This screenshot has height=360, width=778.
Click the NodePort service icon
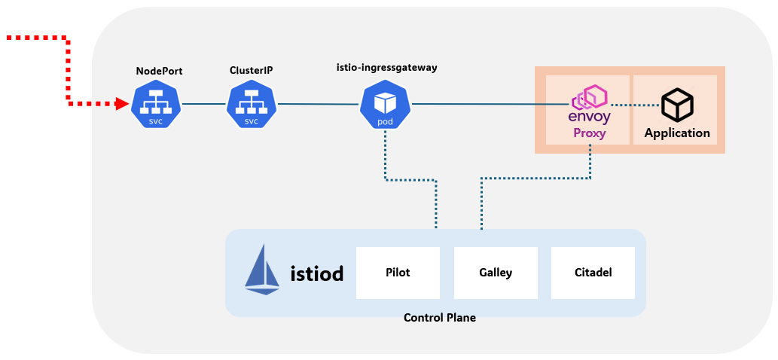[x=156, y=105]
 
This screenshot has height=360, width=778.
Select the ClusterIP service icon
[x=251, y=105]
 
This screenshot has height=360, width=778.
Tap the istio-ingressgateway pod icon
[x=385, y=105]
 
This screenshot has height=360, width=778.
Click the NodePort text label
[x=159, y=71]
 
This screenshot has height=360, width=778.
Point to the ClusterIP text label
[x=251, y=70]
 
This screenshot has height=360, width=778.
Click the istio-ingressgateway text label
[x=386, y=67]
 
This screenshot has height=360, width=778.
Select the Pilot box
[x=398, y=273]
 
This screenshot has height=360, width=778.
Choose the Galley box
[x=496, y=273]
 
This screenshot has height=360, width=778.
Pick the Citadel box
[x=593, y=273]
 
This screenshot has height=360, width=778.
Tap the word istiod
[x=316, y=273]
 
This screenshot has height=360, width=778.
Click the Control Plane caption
[x=440, y=318]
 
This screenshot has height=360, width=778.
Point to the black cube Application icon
[x=677, y=105]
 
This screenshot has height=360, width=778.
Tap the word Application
[x=677, y=133]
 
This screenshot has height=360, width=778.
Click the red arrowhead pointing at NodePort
[x=122, y=105]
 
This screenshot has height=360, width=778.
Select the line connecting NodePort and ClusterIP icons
[x=203, y=104]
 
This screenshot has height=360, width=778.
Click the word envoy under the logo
[x=590, y=118]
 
